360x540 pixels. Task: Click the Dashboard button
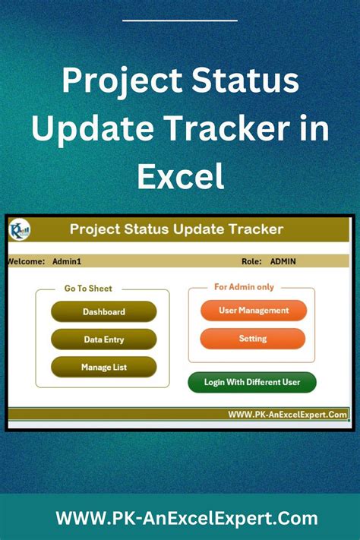coord(104,311)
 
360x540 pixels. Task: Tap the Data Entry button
coord(104,339)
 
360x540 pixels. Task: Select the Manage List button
coord(104,368)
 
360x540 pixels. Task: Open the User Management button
coord(254,311)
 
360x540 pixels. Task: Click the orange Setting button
coord(253,339)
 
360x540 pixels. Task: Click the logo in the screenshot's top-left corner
coord(21,229)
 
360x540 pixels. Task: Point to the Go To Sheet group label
coord(88,289)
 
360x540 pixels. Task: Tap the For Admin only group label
coord(245,287)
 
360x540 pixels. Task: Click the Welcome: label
coord(26,261)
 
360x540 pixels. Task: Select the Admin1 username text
coord(67,261)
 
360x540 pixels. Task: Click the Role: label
coord(251,261)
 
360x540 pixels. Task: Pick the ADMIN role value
coord(283,261)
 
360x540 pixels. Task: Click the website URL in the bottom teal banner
coord(187,519)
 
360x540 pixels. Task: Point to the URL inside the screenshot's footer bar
coord(288,415)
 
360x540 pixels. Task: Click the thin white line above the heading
coord(180,21)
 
